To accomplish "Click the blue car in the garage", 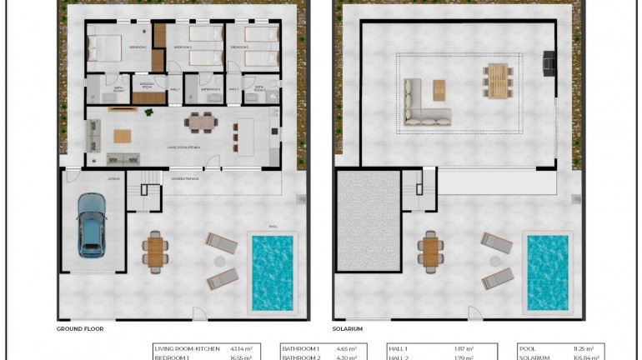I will [x=91, y=224].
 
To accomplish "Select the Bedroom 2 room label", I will [x=183, y=48].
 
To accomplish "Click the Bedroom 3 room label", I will [x=238, y=48].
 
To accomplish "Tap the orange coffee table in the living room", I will [x=123, y=136].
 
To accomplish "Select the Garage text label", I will [x=113, y=178].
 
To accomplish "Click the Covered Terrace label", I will [x=183, y=178].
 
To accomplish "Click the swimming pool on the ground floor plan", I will [x=272, y=272].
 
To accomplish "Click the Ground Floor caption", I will [x=79, y=328].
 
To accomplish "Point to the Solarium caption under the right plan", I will [x=349, y=328].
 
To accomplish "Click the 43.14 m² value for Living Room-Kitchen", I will [x=241, y=348].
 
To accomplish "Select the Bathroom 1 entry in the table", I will [x=301, y=348].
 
